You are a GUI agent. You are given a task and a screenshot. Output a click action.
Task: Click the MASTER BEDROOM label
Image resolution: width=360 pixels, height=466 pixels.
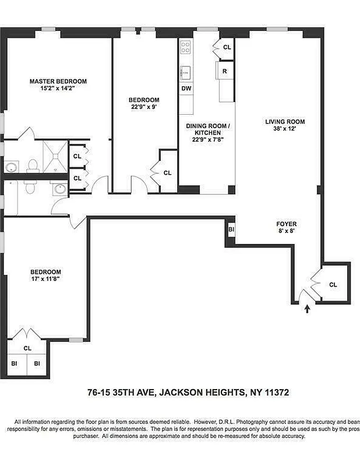point(58,81)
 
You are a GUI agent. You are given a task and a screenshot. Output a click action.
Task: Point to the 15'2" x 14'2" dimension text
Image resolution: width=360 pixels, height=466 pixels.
point(58,89)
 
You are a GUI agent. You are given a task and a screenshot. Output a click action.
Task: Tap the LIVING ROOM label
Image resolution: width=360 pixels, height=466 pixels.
point(285,122)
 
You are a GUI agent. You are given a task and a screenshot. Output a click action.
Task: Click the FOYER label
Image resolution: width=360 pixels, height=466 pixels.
point(286,224)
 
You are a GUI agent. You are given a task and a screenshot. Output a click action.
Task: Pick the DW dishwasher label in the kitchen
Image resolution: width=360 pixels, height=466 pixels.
point(186,89)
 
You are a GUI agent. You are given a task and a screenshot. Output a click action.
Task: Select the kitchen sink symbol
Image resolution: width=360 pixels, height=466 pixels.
point(186,72)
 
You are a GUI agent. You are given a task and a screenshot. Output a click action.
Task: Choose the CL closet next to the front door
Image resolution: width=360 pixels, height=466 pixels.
point(333,285)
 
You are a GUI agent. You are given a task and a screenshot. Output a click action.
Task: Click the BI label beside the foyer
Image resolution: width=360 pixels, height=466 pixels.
point(231,230)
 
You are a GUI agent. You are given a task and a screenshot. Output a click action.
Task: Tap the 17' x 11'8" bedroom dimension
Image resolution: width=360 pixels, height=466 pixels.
point(45,279)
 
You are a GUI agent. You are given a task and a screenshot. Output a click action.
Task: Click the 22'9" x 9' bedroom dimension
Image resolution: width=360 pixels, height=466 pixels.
point(144,107)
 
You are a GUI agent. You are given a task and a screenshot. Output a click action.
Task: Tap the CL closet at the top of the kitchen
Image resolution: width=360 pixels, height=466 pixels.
point(226,47)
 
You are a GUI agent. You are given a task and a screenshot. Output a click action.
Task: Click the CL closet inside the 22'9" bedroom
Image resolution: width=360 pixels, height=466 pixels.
point(167,172)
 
